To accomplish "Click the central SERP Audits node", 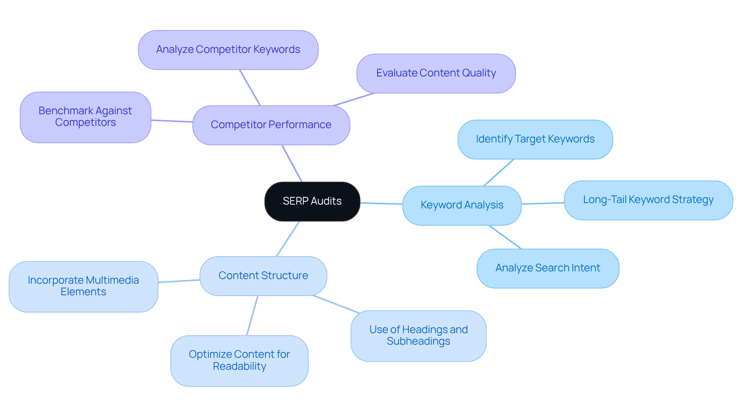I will (312, 201).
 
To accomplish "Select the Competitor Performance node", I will (271, 125).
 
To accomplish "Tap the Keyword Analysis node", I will (462, 205).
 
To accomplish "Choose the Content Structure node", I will (263, 276).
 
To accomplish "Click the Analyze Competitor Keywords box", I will (228, 50).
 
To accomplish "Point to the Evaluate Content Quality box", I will (436, 73).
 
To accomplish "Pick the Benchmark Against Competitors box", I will (85, 117).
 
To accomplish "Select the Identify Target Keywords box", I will (535, 139).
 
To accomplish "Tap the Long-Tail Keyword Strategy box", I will (648, 200).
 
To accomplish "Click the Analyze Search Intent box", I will (548, 268).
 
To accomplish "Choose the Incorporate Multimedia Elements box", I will (83, 286).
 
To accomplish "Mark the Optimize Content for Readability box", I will (239, 360).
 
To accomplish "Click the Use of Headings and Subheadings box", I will (418, 336).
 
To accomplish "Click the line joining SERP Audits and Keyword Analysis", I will (381, 203).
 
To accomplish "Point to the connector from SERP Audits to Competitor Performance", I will (292, 163).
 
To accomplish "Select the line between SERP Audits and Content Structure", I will (288, 239).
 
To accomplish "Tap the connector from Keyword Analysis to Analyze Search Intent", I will (505, 237).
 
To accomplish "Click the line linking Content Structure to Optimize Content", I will (252, 316).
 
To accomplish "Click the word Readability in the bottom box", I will (239, 366).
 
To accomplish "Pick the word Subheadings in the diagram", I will (418, 342).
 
